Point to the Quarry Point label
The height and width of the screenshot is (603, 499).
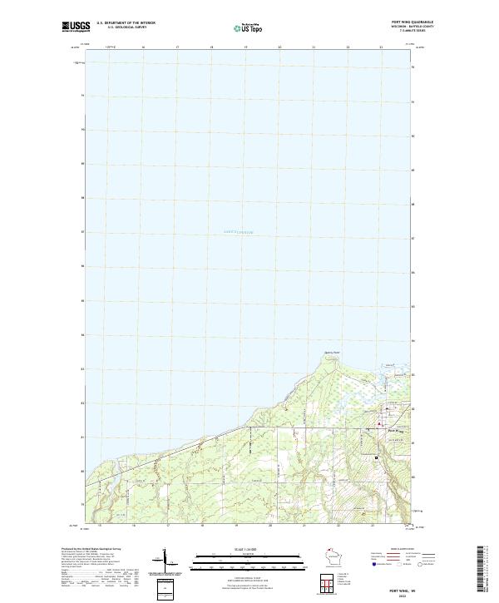(333, 353)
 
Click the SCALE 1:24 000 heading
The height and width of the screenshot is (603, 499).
(237, 550)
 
